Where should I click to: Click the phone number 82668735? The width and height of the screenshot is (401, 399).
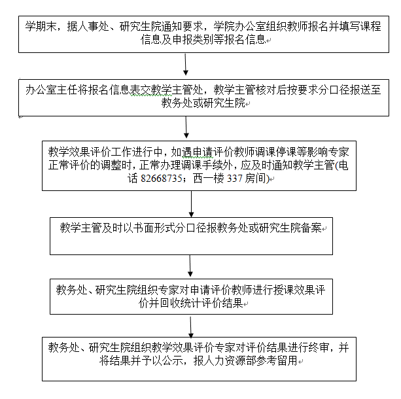[162, 179]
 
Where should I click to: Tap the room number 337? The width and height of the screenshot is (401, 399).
[234, 179]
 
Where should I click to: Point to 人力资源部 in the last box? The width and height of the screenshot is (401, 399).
[230, 361]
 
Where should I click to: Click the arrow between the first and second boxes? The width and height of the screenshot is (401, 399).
[186, 65]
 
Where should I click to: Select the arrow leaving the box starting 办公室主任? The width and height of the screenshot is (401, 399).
[186, 128]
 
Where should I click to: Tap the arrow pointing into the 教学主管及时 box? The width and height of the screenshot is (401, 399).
[191, 204]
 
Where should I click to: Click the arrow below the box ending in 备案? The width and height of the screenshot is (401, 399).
[190, 266]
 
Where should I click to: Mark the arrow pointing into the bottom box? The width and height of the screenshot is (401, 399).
[191, 326]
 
